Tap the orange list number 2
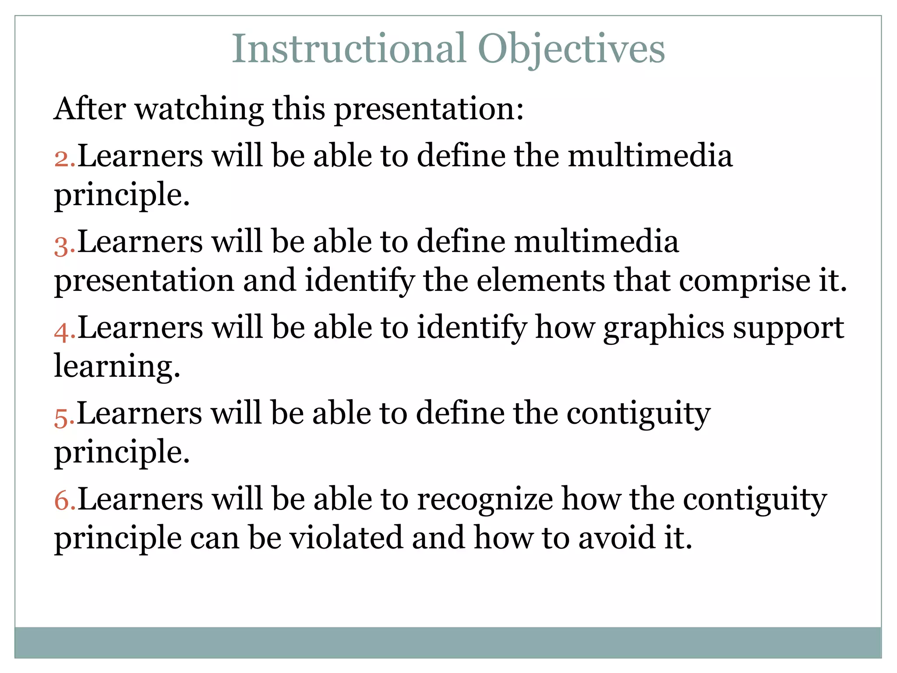[63, 158]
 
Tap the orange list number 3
[63, 245]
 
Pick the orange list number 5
[63, 417]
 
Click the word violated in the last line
[346, 538]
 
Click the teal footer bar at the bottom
[448, 642]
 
